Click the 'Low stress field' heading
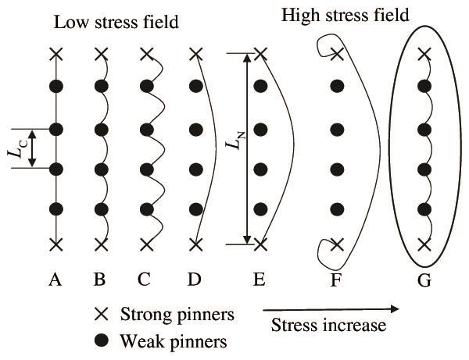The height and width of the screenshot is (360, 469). (116, 22)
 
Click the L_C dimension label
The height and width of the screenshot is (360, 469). (15, 148)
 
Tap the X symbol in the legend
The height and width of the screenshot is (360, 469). (102, 315)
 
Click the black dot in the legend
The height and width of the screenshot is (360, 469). (102, 340)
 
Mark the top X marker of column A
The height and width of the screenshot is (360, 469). (55, 54)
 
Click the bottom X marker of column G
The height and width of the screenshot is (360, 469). (424, 244)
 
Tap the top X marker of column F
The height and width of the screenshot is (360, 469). (337, 54)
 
